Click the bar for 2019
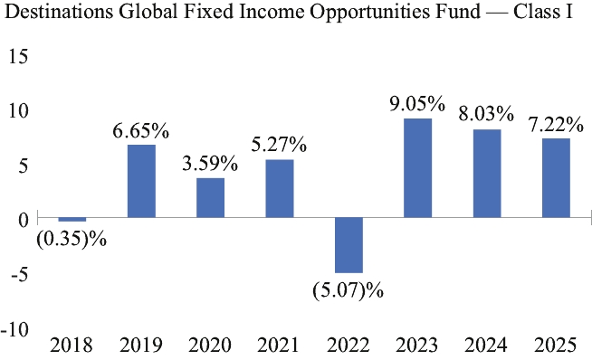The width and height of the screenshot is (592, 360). (141, 181)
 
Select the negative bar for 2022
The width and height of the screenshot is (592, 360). (349, 245)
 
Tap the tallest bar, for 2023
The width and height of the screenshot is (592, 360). (417, 168)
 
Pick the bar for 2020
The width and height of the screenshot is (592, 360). (210, 198)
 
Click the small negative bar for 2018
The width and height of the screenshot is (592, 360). (72, 220)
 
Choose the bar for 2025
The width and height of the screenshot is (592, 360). (556, 178)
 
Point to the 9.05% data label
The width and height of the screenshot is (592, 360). (417, 104)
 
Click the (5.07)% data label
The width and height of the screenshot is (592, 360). (349, 290)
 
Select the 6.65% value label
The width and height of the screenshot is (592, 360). (141, 131)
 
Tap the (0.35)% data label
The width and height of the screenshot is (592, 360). (72, 239)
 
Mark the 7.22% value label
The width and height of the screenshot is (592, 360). (556, 125)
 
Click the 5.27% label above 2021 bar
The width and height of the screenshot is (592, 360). (279, 145)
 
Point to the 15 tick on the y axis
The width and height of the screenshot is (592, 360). (18, 57)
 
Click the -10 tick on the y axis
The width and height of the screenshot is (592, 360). (15, 329)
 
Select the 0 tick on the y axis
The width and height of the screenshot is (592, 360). (24, 220)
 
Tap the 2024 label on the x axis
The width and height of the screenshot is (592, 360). (486, 345)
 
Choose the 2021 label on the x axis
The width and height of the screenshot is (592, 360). (279, 345)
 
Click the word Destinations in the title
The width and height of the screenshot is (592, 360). (59, 12)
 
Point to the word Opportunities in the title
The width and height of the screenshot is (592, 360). (369, 13)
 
